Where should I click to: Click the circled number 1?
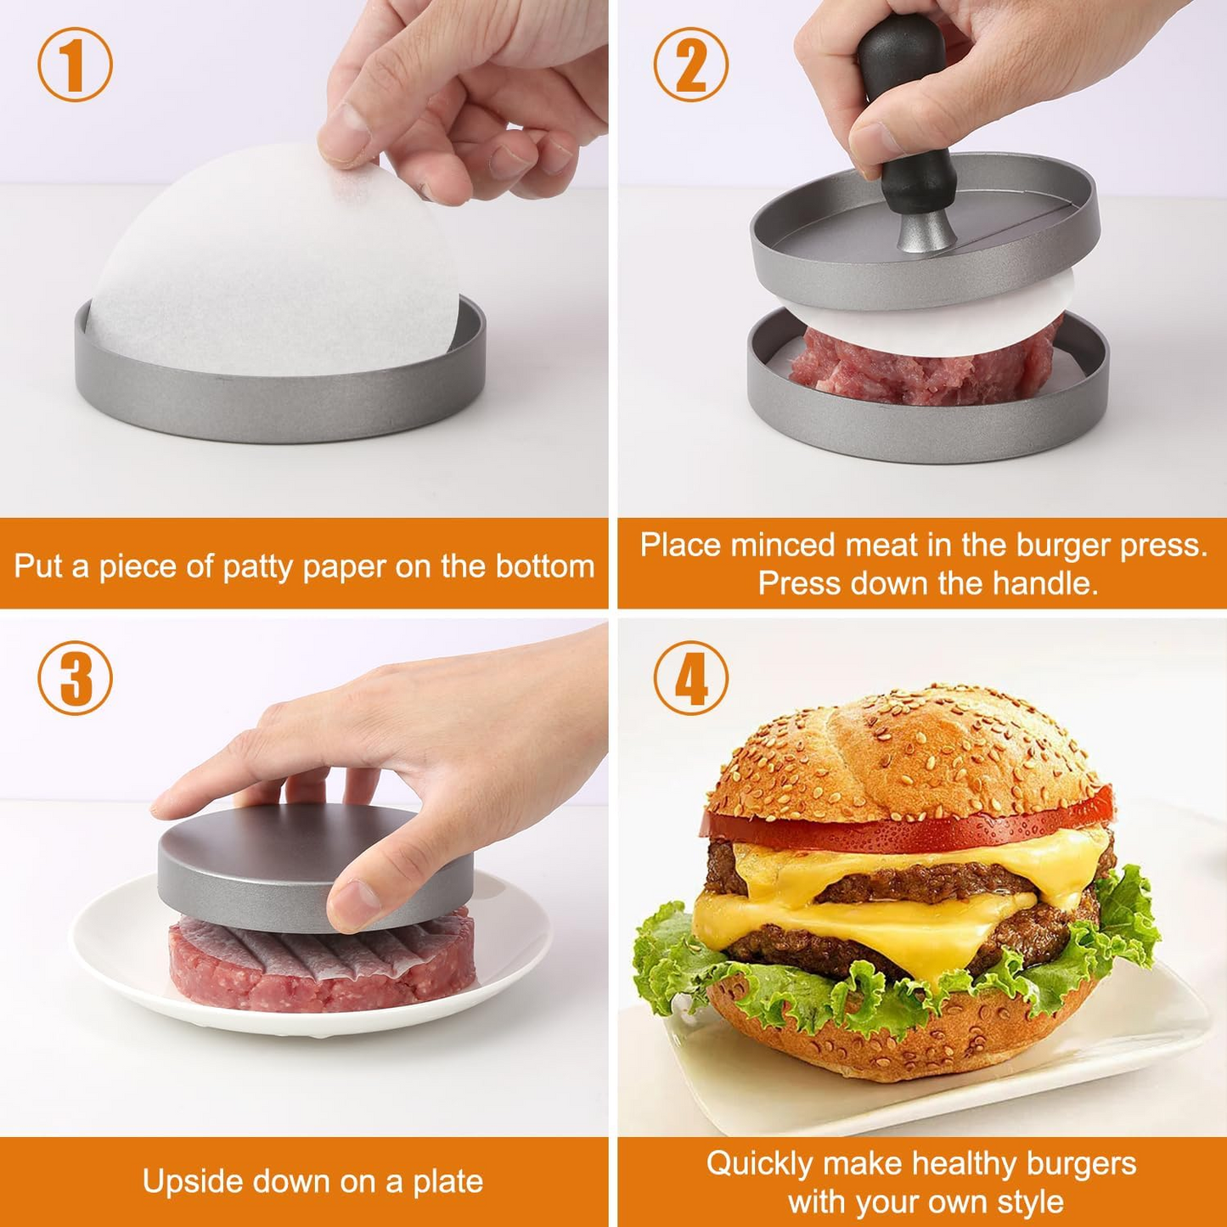point(75,65)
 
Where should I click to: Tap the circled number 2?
point(690,65)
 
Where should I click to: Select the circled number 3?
point(75,678)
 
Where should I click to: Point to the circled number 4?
point(690,678)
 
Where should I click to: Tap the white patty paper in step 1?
point(272,272)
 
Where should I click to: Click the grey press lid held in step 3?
point(255,866)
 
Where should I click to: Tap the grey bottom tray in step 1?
point(280,408)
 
